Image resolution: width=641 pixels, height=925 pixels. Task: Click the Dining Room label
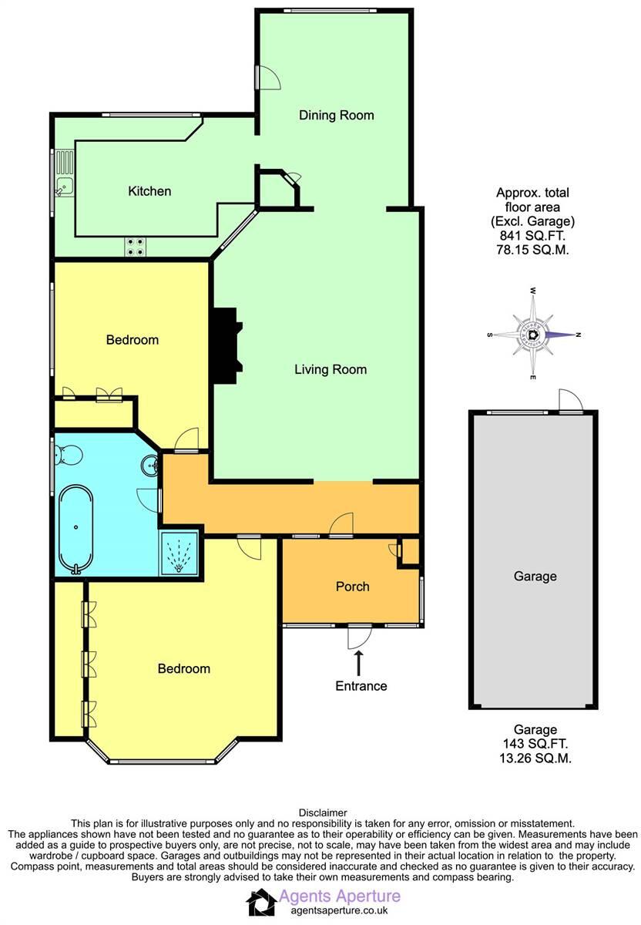coord(336,116)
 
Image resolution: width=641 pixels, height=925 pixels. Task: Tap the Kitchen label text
coord(149,191)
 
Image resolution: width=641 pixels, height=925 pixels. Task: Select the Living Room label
coord(331,369)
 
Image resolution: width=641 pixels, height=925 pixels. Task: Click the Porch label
coord(352,587)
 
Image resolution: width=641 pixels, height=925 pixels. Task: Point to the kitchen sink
coord(63,184)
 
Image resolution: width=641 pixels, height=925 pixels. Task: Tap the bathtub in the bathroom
coord(76,529)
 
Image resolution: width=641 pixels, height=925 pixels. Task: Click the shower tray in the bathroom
coord(180,553)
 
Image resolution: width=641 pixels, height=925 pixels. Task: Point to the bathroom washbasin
coord(149,465)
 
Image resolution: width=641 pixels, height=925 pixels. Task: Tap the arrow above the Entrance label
coord(358,661)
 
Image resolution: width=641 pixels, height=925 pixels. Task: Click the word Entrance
coord(361,685)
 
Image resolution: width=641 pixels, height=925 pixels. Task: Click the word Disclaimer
coord(321,812)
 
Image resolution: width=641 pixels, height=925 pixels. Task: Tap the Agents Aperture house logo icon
coord(260,902)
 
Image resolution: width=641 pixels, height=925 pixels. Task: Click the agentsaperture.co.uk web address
coord(333,910)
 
